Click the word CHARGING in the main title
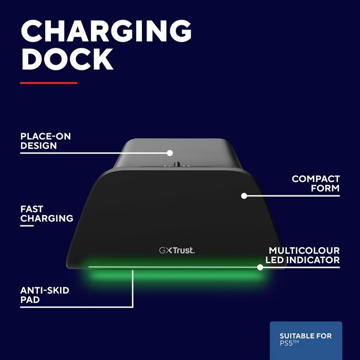(x=105, y=32)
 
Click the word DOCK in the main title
(x=67, y=59)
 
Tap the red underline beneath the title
(x=48, y=82)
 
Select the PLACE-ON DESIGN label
(x=45, y=141)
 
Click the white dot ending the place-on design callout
(x=169, y=152)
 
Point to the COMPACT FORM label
(x=315, y=184)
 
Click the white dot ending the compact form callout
(x=244, y=196)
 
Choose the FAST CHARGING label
(x=46, y=214)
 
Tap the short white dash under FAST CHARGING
(x=27, y=225)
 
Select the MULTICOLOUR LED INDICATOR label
(x=304, y=255)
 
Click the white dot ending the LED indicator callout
(x=260, y=267)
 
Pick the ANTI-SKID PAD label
(x=44, y=295)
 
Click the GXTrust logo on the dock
(x=176, y=250)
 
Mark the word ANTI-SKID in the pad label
(x=44, y=291)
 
